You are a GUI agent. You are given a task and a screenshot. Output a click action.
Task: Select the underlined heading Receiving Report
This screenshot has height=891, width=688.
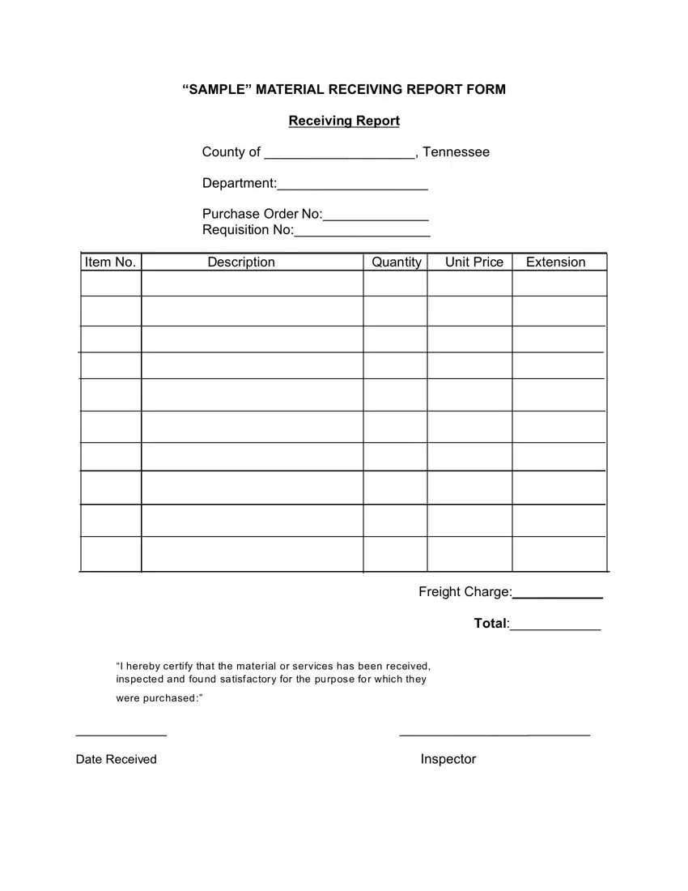(344, 121)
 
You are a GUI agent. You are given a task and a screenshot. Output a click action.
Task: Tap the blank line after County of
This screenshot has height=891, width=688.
(340, 156)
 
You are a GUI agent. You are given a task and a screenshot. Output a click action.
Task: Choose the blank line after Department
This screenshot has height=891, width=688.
(352, 187)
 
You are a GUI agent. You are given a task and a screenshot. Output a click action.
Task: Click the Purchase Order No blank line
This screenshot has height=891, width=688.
(376, 218)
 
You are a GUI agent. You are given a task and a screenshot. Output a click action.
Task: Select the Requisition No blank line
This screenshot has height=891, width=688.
(362, 234)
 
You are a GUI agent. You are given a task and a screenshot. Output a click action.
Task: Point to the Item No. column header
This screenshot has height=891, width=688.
(110, 262)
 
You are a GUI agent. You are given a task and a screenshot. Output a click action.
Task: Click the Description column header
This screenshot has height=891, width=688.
(241, 262)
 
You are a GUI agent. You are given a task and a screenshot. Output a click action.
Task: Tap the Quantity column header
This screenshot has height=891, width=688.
(397, 262)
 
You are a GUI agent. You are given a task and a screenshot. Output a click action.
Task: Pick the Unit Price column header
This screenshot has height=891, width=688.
(474, 262)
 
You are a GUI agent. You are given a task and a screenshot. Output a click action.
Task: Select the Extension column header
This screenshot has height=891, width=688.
(555, 262)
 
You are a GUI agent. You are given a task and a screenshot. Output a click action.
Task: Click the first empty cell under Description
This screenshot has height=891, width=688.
(252, 283)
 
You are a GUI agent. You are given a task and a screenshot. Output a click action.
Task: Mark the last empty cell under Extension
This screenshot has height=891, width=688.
(558, 554)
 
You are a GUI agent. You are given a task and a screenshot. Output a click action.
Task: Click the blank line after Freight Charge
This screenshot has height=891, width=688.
(558, 595)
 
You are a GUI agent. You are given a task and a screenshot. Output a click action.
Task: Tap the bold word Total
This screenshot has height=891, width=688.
(491, 624)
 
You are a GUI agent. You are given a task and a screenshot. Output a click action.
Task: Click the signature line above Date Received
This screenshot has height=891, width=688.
(121, 734)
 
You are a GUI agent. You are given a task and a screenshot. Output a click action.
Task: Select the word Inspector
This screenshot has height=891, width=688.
(448, 759)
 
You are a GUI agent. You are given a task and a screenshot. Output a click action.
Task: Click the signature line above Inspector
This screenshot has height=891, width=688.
(495, 734)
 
